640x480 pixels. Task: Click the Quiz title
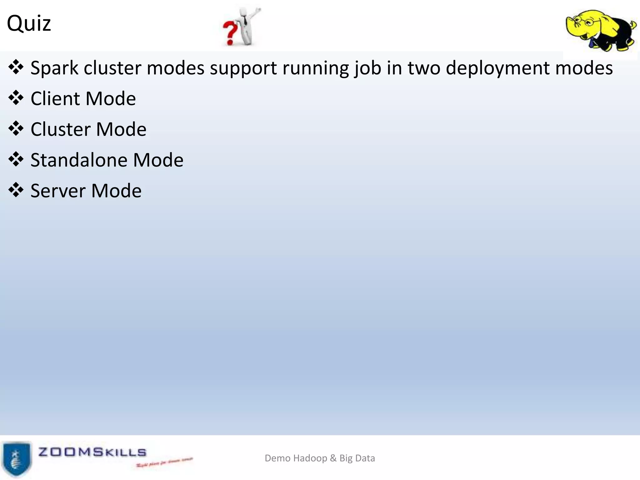pyautogui.click(x=29, y=23)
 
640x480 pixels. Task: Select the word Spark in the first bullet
pyautogui.click(x=54, y=68)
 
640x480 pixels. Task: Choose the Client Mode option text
pyautogui.click(x=83, y=99)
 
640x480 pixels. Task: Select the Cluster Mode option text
pyautogui.click(x=88, y=129)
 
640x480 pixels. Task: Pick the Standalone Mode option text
pyautogui.click(x=107, y=160)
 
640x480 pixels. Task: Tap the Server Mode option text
pyautogui.click(x=86, y=191)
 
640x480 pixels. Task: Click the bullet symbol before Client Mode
pyautogui.click(x=16, y=98)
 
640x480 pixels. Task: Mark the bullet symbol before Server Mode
pyautogui.click(x=16, y=190)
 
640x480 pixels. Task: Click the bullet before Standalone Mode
pyautogui.click(x=16, y=159)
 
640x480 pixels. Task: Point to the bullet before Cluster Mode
pyautogui.click(x=16, y=129)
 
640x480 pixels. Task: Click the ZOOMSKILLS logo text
pyautogui.click(x=92, y=452)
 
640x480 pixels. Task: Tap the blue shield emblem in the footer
pyautogui.click(x=16, y=459)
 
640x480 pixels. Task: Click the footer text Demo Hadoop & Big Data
pyautogui.click(x=320, y=458)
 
